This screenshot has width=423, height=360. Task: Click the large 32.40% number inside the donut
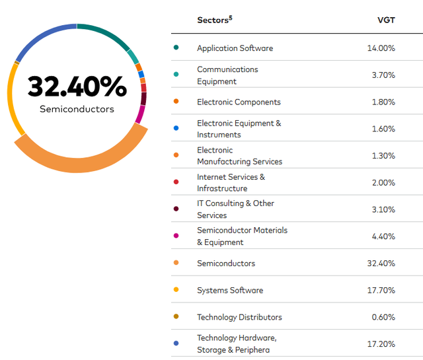(77, 87)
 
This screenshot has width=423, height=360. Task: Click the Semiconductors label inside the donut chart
(77, 109)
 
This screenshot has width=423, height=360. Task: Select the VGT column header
(386, 20)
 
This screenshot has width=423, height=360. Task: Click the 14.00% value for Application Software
(381, 48)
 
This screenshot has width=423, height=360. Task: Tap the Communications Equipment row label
(227, 75)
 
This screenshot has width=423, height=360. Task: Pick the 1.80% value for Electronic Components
(383, 102)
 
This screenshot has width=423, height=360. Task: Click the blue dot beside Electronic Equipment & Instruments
(176, 128)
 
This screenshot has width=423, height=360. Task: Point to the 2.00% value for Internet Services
(383, 182)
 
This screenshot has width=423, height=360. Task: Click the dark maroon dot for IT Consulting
(176, 209)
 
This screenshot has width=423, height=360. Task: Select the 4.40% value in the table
(383, 236)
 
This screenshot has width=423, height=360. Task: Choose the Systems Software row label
(230, 290)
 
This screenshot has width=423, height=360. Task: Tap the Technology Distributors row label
(239, 317)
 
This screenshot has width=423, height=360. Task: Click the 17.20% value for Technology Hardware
(381, 344)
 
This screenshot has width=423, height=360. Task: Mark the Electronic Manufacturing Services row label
(239, 156)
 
